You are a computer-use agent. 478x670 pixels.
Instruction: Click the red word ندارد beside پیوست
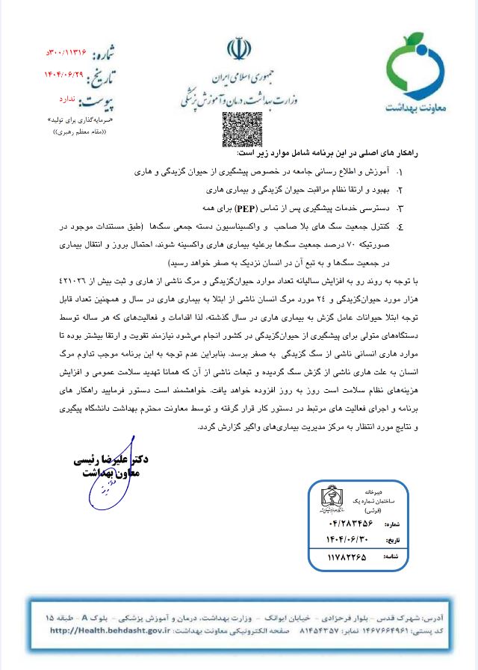click(66, 98)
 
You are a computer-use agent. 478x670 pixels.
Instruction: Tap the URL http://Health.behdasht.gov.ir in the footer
click(104, 630)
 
